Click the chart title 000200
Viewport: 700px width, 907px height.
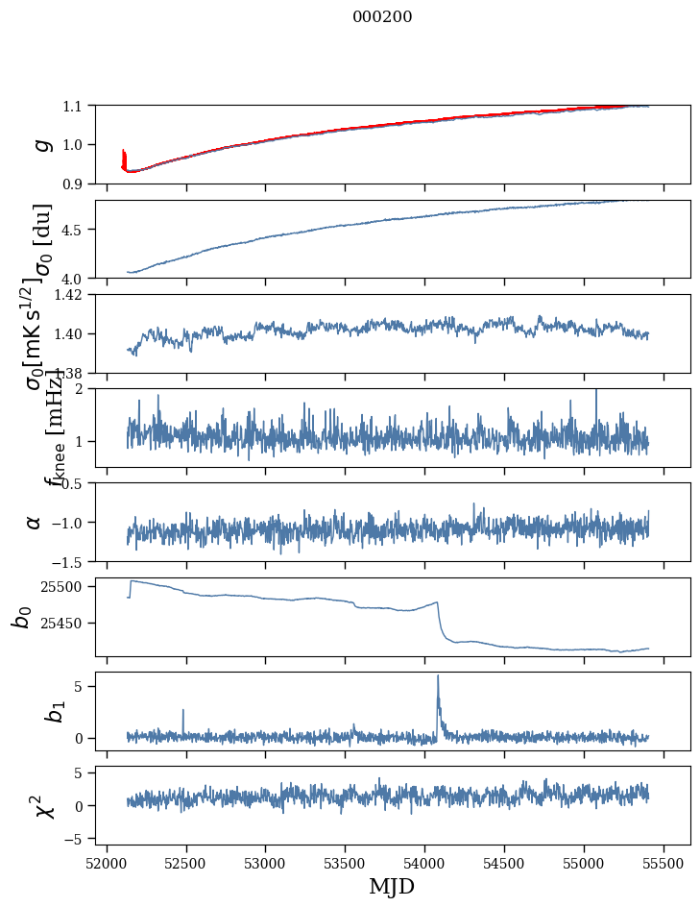382,17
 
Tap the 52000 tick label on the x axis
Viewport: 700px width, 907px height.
107,862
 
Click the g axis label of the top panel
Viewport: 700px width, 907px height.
41,144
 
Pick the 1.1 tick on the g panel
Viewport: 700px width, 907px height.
74,106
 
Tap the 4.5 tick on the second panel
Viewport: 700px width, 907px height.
74,230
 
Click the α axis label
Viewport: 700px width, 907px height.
35,522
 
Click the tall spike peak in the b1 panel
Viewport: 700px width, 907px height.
438,676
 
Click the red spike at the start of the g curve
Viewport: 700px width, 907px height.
124,154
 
